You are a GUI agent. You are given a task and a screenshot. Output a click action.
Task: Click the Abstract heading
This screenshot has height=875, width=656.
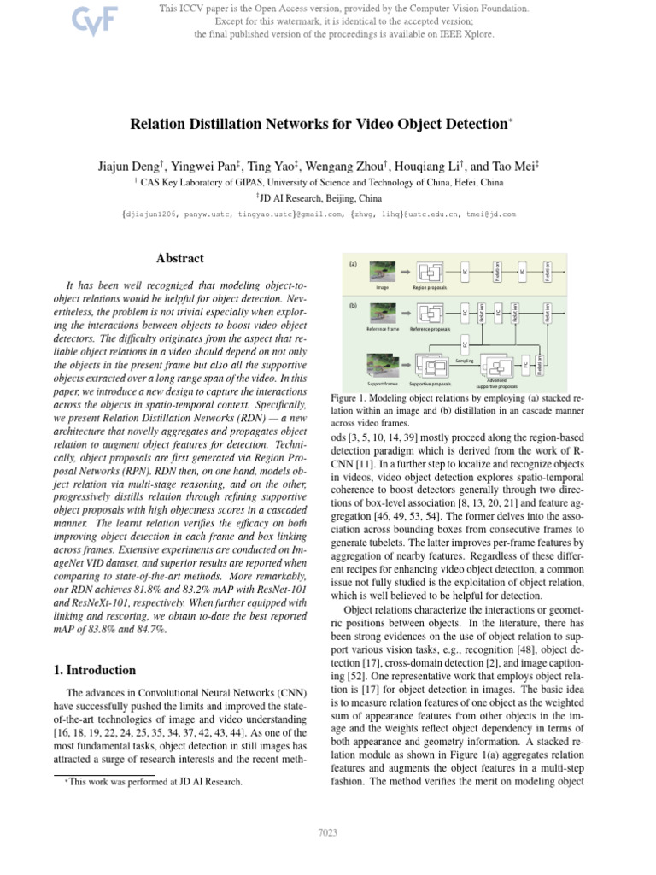tap(179, 258)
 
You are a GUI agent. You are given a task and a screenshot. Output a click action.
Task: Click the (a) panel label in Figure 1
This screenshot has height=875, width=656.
tap(352, 264)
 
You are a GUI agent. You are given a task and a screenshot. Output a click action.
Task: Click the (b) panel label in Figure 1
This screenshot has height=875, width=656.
tap(352, 305)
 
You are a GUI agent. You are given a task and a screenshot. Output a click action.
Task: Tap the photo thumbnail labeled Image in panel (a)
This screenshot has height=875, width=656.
tap(383, 272)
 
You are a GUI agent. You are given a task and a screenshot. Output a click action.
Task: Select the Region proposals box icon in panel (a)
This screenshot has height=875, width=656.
tap(430, 272)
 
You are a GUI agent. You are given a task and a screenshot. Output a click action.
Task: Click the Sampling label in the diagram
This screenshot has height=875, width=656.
tap(466, 361)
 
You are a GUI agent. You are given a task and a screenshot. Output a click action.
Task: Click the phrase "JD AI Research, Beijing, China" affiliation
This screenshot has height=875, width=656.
tap(327, 196)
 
